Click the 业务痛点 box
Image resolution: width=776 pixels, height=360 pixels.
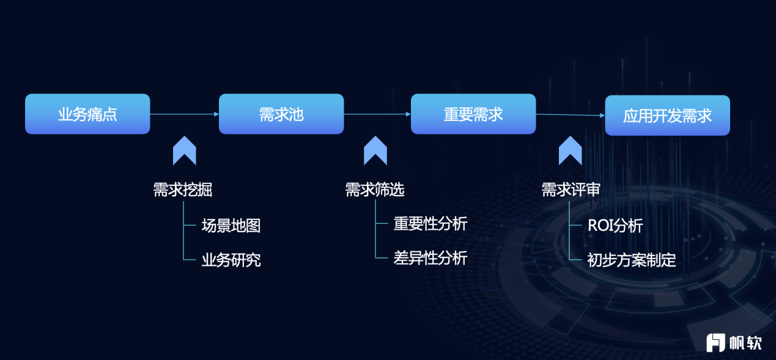click(87, 114)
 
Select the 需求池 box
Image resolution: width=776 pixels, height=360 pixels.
click(281, 114)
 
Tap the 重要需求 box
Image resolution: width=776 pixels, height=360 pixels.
click(473, 114)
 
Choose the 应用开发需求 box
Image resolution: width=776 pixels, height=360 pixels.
click(668, 116)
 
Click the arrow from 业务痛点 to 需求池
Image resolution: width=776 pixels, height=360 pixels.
click(184, 114)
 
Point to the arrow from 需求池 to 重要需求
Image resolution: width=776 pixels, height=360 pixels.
click(377, 114)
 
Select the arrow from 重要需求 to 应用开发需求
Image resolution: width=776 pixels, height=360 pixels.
click(571, 114)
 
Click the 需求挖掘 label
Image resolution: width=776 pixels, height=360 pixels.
click(183, 189)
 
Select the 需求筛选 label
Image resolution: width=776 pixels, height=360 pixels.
click(375, 189)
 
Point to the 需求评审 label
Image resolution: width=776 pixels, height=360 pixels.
click(571, 189)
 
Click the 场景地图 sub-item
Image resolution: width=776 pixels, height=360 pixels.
click(231, 226)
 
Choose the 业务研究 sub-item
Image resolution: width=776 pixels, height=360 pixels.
click(231, 260)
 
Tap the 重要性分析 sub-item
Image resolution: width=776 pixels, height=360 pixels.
click(430, 224)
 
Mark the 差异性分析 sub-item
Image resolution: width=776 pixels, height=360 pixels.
click(430, 258)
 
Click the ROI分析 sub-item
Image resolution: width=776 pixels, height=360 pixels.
click(615, 226)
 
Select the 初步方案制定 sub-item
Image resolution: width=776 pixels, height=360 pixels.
click(632, 260)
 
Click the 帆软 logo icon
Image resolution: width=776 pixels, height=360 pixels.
click(715, 343)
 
